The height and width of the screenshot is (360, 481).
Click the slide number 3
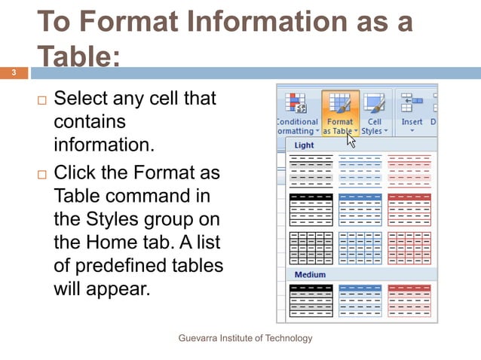coord(13,73)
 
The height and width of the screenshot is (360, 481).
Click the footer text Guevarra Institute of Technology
coord(245,338)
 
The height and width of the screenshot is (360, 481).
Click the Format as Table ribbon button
coord(340,113)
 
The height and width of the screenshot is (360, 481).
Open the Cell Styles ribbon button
coord(375,113)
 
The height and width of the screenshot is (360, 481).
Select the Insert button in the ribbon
coord(412,113)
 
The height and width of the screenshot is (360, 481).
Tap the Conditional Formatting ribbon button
coord(296,113)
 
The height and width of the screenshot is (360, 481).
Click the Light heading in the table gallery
coord(304,145)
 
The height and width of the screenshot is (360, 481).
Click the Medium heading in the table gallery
coord(310,275)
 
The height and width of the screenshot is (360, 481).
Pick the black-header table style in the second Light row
coord(311,209)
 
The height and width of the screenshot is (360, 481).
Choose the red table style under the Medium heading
coord(409,300)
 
